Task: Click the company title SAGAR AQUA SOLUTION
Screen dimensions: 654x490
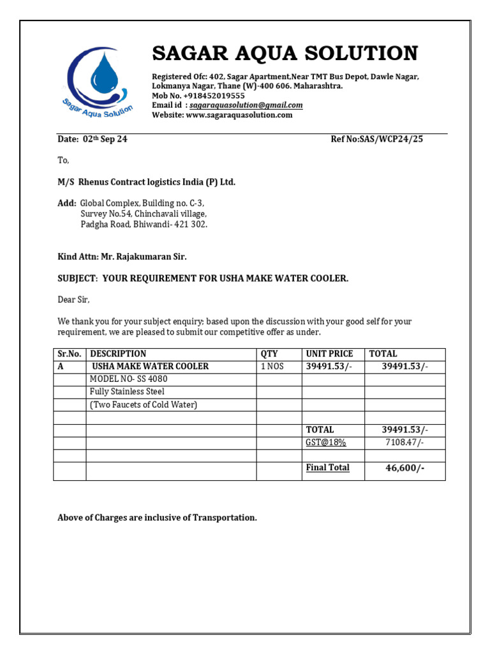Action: pos(285,53)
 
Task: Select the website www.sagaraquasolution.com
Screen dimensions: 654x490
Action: pos(239,115)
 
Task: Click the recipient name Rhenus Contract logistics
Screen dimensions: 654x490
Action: pos(156,182)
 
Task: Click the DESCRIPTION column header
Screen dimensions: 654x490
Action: pos(118,354)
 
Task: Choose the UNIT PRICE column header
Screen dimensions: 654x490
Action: pos(329,354)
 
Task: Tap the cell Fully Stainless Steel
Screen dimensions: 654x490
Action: pos(127,392)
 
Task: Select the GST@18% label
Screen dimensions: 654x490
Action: pos(325,443)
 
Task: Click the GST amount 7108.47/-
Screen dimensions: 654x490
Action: pos(405,443)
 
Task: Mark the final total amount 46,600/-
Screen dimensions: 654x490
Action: pos(405,469)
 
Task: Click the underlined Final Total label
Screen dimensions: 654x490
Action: pos(327,468)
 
